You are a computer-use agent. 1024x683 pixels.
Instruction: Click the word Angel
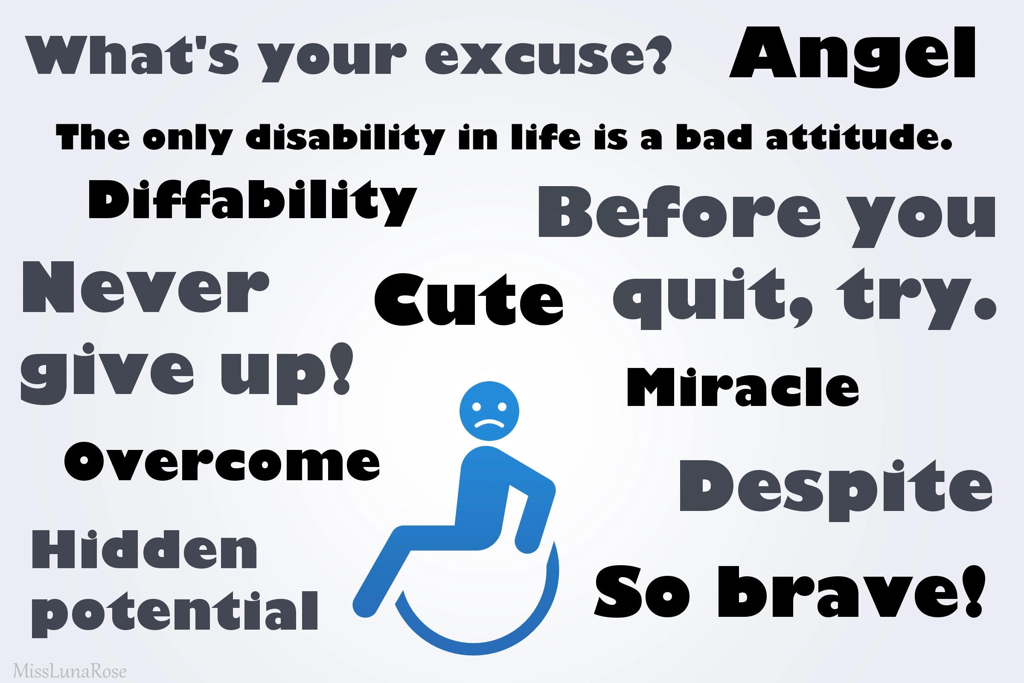click(852, 57)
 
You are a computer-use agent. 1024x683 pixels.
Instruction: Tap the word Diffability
click(253, 202)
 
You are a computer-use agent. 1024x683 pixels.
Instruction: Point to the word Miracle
click(743, 387)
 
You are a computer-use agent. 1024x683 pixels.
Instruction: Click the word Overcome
click(222, 461)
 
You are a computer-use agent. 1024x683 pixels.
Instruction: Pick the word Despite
click(836, 490)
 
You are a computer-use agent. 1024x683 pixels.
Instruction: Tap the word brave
click(851, 591)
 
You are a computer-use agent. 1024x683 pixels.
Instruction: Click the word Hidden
click(144, 549)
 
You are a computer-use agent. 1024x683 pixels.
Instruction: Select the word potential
click(175, 614)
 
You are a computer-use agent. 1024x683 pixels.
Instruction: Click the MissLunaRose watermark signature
click(70, 671)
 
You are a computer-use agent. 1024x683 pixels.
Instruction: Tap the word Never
click(146, 286)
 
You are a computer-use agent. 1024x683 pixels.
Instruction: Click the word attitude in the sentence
click(858, 136)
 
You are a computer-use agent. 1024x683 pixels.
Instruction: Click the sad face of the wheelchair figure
click(489, 411)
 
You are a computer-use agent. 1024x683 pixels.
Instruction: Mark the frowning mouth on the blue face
click(489, 423)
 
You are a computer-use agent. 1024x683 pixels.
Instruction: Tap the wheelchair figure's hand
click(527, 544)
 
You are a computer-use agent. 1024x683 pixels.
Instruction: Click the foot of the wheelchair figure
click(365, 605)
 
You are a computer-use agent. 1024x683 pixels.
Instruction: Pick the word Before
click(680, 211)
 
